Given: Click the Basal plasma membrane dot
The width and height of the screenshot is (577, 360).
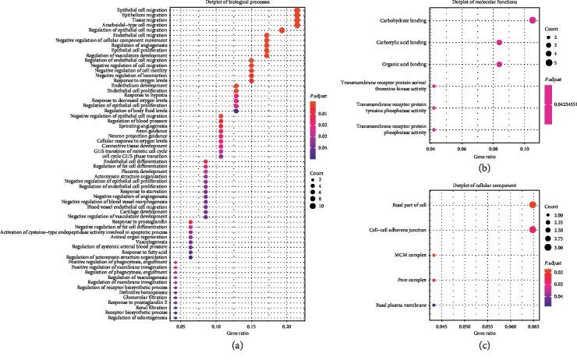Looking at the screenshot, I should point(434,305).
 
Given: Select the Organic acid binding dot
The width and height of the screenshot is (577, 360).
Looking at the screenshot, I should point(499,64).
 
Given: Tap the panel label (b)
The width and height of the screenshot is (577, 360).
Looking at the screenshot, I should point(483,167).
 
